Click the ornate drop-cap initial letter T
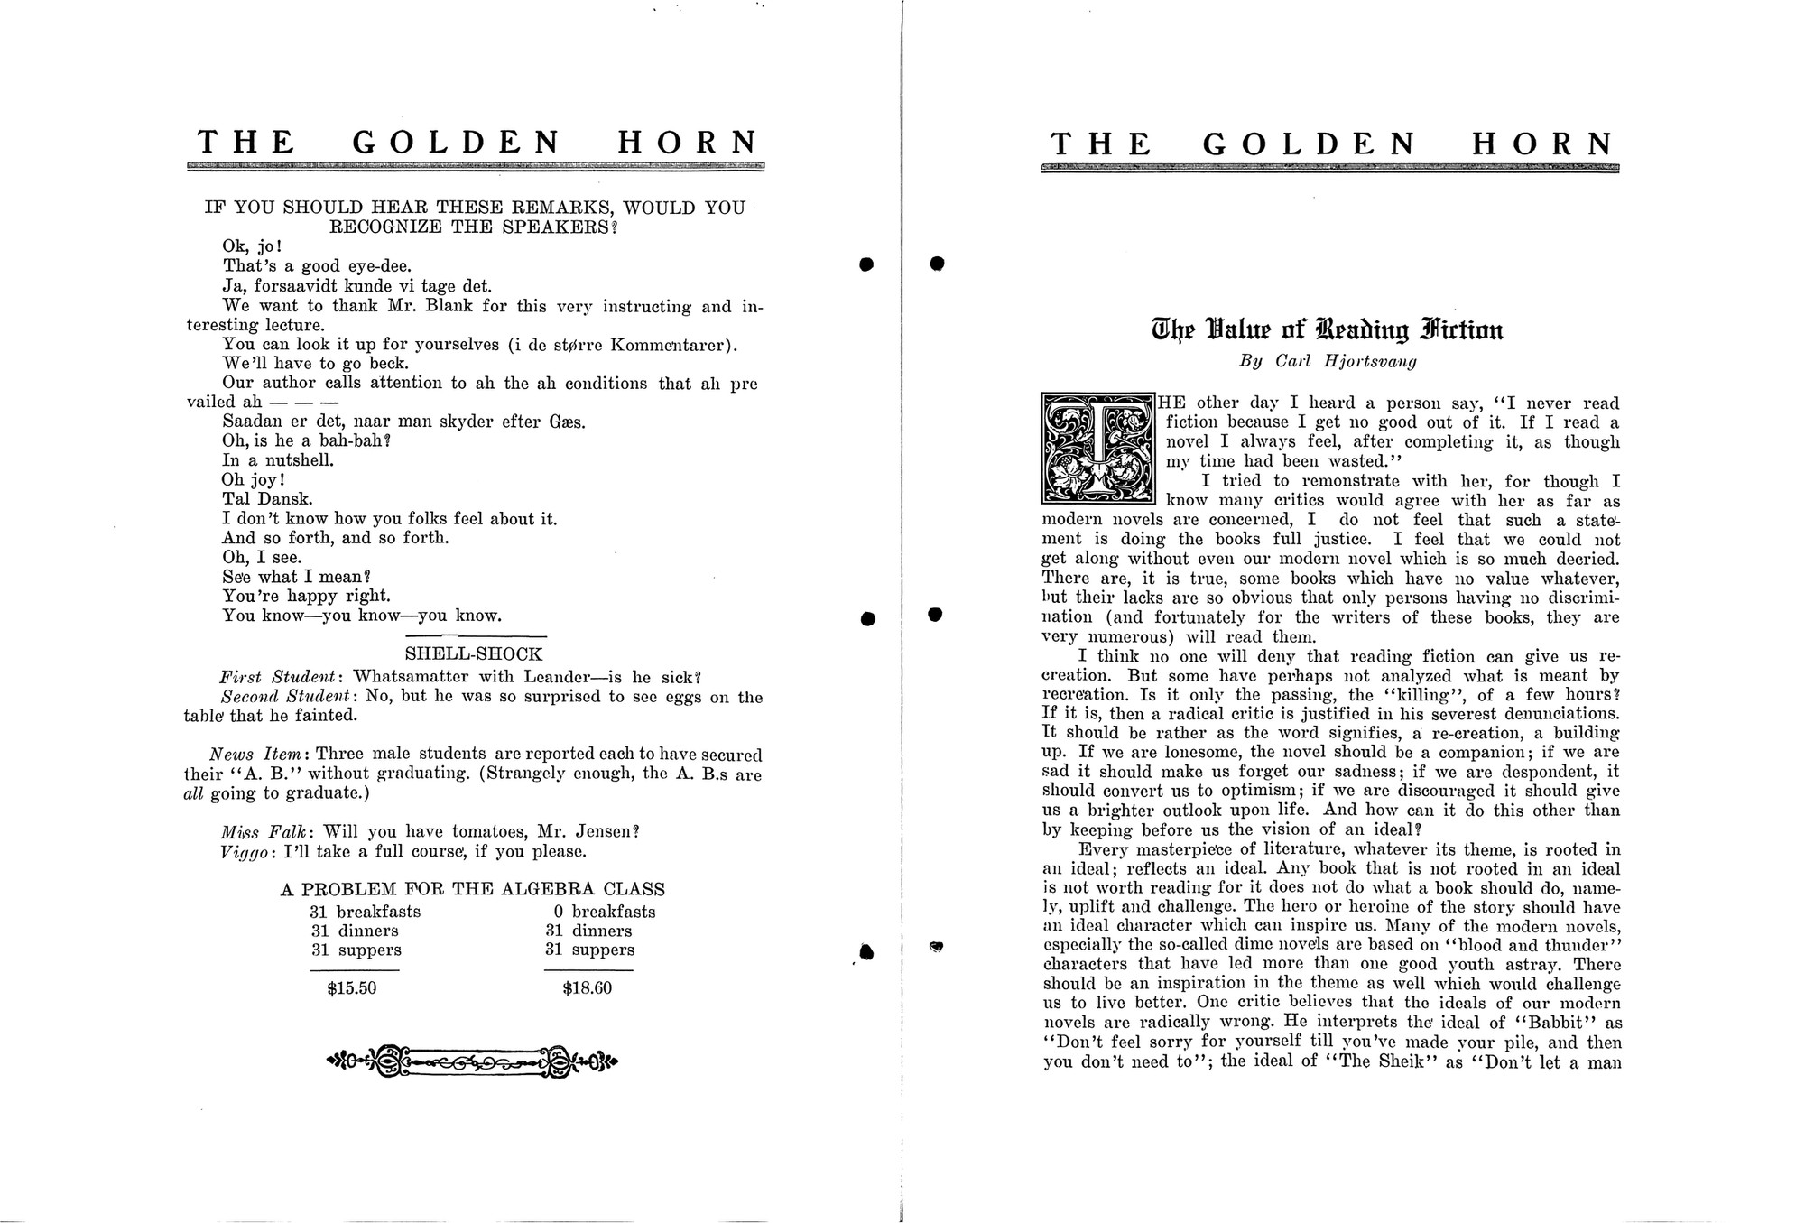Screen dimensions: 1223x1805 tap(1097, 448)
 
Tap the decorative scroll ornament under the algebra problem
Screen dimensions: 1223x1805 tap(472, 1061)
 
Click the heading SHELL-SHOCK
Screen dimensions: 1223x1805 tap(473, 654)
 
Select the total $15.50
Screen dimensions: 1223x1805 tap(352, 988)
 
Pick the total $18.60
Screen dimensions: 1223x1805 tap(588, 988)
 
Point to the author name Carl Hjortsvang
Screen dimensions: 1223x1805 tap(1346, 362)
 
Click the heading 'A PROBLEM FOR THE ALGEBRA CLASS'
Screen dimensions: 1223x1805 tap(472, 889)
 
